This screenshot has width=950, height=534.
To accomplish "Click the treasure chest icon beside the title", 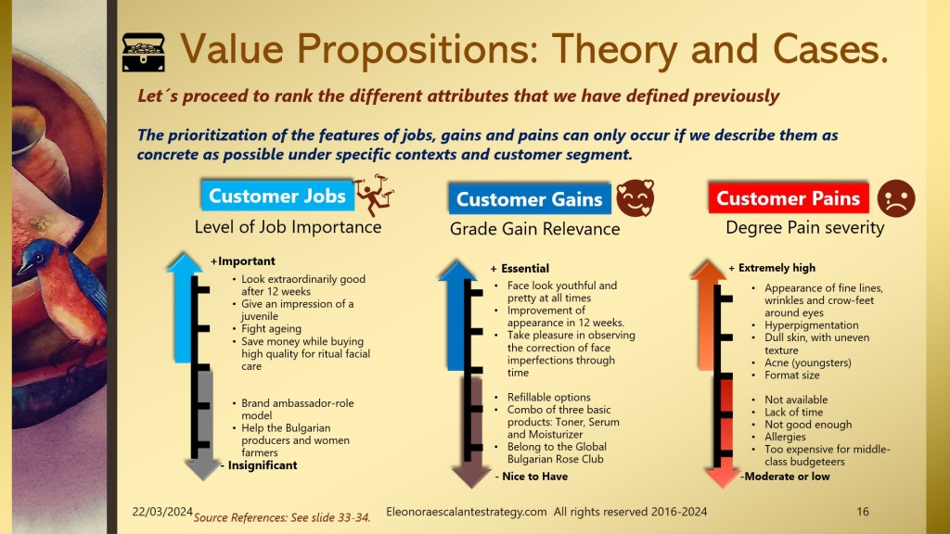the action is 143,52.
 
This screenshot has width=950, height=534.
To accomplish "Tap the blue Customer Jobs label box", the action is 277,196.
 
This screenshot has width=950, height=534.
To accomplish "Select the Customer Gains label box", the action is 530,198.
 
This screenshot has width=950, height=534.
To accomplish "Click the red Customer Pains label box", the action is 789,197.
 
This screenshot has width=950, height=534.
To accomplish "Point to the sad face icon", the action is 896,198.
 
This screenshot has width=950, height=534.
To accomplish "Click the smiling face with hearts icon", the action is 635,198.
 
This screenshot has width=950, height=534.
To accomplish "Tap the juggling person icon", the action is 375,195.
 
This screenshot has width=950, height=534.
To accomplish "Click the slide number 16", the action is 863,512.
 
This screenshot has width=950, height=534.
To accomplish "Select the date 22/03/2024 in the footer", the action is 162,512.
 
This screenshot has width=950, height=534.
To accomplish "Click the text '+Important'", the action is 243,261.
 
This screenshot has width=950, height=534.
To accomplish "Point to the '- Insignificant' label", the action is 259,465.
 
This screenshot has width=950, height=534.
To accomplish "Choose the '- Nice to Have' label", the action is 532,477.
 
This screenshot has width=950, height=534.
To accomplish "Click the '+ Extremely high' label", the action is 772,268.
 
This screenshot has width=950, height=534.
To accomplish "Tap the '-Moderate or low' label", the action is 785,477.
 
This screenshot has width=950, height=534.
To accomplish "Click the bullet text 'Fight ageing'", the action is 271,329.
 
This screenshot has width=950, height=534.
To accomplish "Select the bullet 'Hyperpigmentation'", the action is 811,325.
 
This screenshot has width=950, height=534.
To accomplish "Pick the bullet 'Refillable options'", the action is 549,397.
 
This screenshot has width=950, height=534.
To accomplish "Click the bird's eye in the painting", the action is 38,258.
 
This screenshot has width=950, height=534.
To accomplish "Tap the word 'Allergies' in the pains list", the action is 785,438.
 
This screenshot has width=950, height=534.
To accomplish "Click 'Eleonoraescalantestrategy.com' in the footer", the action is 467,512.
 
